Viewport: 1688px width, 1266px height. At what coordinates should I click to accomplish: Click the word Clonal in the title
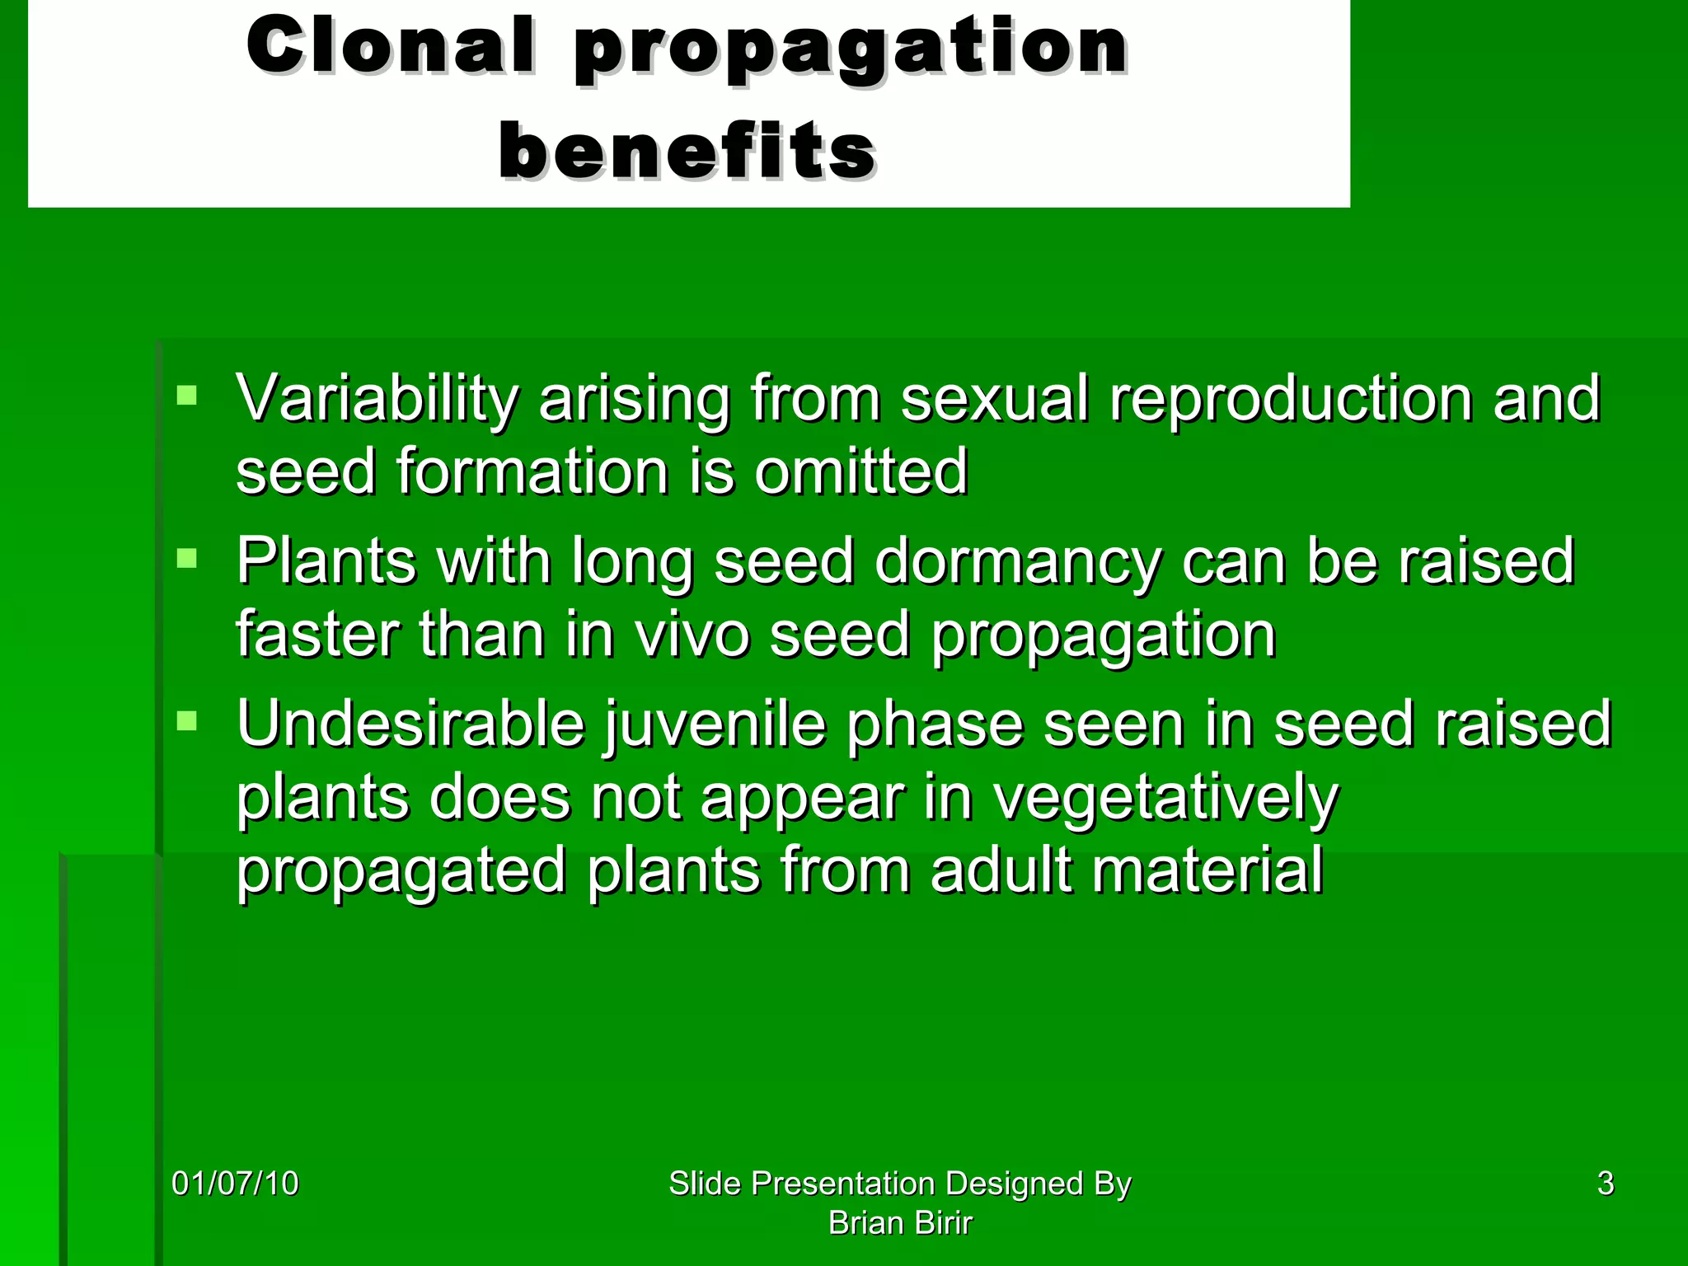click(x=390, y=47)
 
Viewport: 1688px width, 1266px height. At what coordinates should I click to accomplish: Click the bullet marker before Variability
click(x=187, y=396)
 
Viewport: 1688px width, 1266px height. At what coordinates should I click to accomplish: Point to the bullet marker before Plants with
click(x=187, y=560)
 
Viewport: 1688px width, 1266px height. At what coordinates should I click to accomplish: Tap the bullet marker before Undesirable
click(x=187, y=722)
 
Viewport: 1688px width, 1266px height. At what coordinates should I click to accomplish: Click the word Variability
click(x=376, y=400)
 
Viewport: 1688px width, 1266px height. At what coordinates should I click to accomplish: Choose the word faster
click(x=316, y=635)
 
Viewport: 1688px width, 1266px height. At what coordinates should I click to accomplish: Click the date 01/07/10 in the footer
click(x=235, y=1184)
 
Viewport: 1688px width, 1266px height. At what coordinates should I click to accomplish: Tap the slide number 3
click(x=1605, y=1184)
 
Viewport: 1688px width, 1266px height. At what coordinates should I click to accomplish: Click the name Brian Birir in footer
click(x=899, y=1223)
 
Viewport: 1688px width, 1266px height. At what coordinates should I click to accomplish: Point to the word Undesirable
click(x=410, y=725)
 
